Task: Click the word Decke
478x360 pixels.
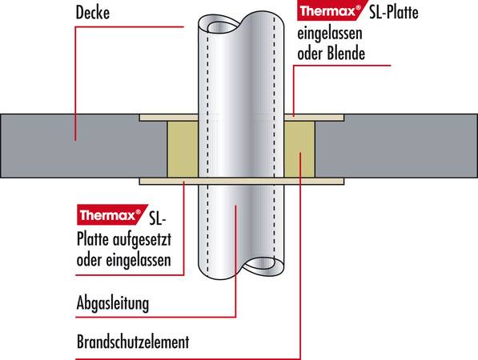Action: [x=92, y=13]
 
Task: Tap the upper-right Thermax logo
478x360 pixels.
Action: [x=330, y=11]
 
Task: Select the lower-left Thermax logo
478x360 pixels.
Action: [x=111, y=214]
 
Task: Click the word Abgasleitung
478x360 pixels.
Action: [x=113, y=303]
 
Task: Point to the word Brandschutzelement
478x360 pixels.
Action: [x=133, y=342]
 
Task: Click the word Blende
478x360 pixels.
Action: [x=346, y=54]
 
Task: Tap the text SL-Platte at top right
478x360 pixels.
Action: [x=394, y=13]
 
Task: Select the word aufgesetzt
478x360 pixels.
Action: [x=142, y=240]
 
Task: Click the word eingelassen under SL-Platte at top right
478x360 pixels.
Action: [x=330, y=34]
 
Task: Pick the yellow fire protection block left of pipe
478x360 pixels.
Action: [x=183, y=149]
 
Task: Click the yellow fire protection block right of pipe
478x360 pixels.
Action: [x=299, y=149]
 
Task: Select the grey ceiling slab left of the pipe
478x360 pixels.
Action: [x=83, y=146]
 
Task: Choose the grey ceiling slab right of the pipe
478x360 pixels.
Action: [x=396, y=146]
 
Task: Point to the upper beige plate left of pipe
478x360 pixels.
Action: [x=169, y=118]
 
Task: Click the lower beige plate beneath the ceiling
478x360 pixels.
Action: [x=242, y=182]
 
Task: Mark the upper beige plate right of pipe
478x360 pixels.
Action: [x=314, y=118]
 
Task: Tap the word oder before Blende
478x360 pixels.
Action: [x=311, y=54]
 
